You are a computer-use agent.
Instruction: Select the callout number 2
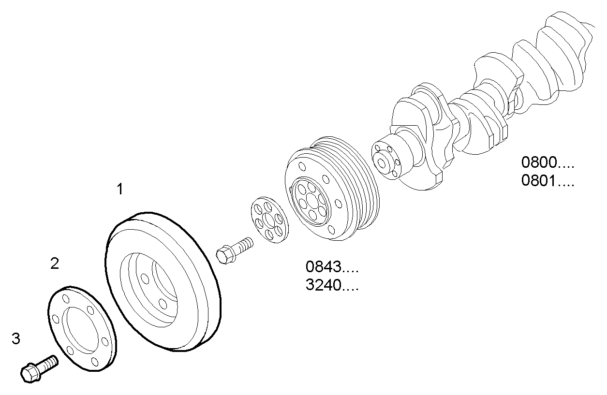(55, 263)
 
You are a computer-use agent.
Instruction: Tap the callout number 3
(16, 339)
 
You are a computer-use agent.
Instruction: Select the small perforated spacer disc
(269, 220)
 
